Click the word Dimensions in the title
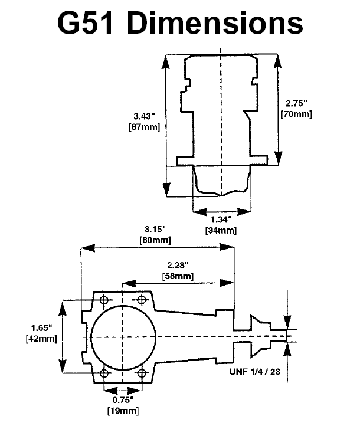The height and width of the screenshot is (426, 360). [x=214, y=23]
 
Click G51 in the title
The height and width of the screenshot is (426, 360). [x=85, y=23]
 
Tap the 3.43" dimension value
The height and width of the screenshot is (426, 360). [x=144, y=116]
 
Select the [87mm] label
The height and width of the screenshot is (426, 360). [x=144, y=127]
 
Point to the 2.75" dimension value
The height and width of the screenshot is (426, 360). [x=296, y=103]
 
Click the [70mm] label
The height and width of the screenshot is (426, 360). [x=296, y=114]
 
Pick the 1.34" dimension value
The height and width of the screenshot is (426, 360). [x=221, y=219]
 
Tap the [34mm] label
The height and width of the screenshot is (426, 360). [x=221, y=230]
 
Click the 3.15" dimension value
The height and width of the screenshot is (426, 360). [x=155, y=230]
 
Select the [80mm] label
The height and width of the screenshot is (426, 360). [x=155, y=240]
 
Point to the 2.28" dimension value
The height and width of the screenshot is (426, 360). [x=178, y=265]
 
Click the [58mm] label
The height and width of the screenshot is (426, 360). [x=178, y=276]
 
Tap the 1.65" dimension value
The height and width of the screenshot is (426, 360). [x=41, y=328]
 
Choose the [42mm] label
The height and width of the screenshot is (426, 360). [x=41, y=339]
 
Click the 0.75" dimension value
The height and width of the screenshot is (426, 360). [x=123, y=399]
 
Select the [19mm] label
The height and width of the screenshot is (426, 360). [x=123, y=411]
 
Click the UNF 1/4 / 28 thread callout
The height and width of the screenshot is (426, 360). [x=255, y=371]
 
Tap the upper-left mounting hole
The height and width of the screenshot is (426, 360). [x=104, y=300]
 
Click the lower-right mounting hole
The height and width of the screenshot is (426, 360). [x=142, y=373]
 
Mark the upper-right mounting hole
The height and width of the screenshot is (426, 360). [x=141, y=300]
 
